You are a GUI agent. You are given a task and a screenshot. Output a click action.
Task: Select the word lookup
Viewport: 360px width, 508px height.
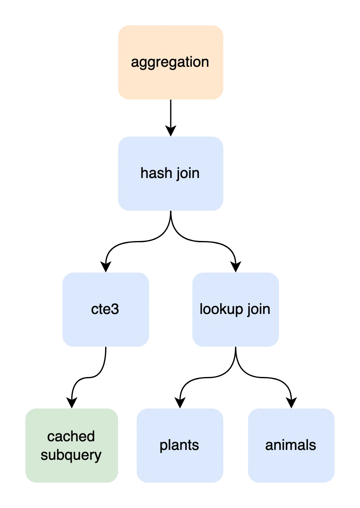coord(220,309)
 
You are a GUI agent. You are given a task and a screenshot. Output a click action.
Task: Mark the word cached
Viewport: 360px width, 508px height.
coord(71,436)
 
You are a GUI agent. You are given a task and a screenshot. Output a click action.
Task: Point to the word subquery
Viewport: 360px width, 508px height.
coord(71,455)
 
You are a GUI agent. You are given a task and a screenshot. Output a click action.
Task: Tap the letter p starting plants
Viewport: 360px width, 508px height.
coord(163,446)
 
